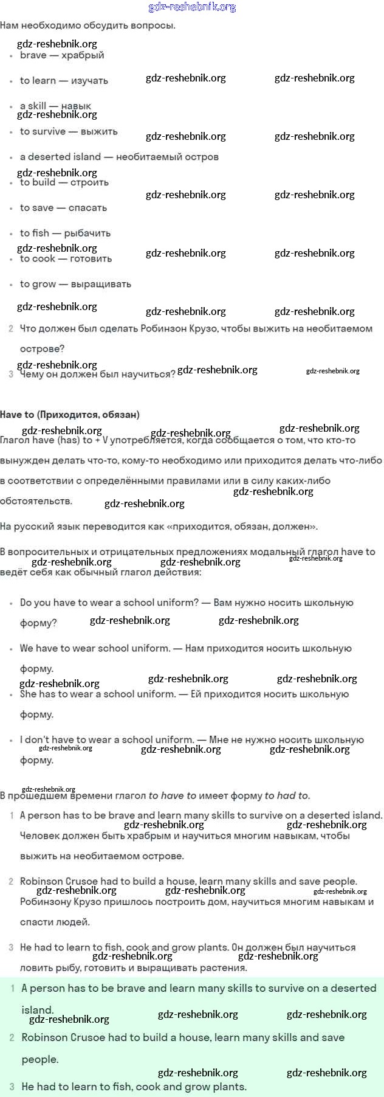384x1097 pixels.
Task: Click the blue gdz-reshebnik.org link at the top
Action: [192, 7]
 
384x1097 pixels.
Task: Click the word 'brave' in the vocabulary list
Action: [33, 55]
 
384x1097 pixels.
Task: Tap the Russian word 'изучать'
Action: [89, 81]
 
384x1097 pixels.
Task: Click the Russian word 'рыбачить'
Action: [87, 234]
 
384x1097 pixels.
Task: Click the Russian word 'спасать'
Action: [87, 208]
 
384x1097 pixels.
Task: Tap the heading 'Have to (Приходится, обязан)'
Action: [70, 415]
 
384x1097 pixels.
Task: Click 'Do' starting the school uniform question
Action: [26, 603]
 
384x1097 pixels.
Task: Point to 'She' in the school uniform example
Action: [29, 694]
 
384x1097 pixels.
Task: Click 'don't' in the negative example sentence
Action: [38, 740]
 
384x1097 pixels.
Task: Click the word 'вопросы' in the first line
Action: [156, 26]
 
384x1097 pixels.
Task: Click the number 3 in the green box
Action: [12, 1087]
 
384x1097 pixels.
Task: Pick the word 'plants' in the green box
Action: [227, 1087]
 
